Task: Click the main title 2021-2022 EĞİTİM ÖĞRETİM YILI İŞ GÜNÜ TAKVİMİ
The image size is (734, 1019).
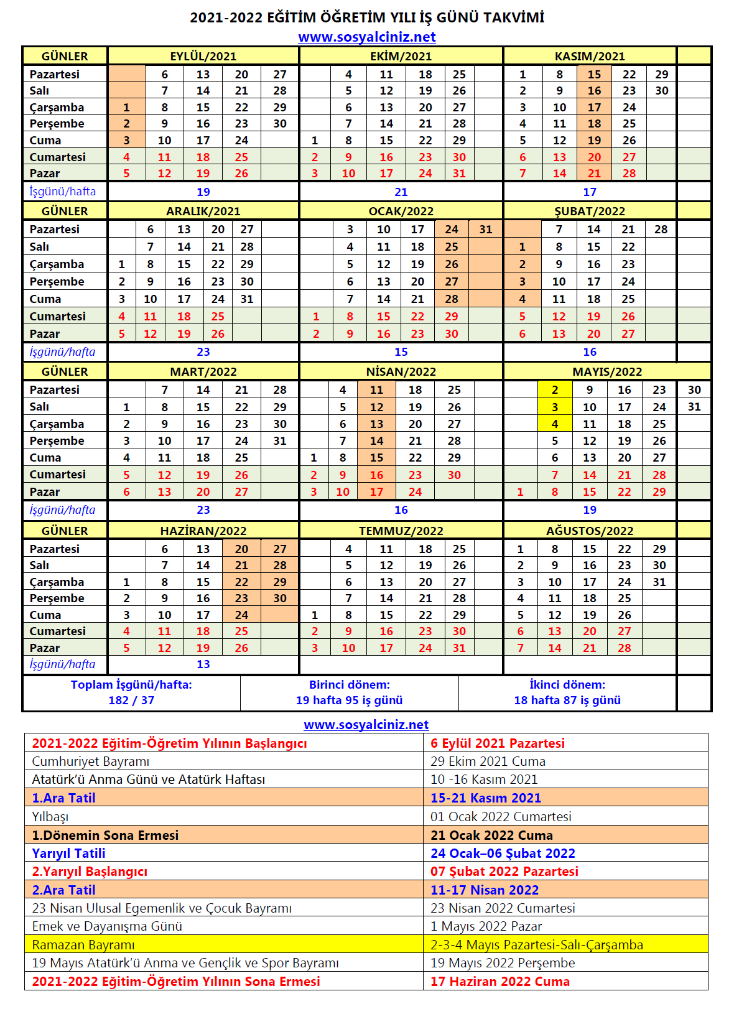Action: tap(367, 17)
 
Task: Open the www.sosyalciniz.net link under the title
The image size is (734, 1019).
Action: tap(367, 37)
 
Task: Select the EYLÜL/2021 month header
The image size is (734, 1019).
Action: tap(203, 56)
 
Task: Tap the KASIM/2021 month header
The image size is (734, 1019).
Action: tap(590, 56)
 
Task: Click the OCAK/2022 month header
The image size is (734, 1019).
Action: tap(401, 211)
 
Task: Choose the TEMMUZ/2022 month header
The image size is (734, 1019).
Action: tap(401, 531)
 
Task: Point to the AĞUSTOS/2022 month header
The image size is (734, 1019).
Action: tap(590, 531)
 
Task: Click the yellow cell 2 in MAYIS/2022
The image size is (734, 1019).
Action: tap(555, 390)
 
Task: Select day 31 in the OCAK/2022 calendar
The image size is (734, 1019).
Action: tap(486, 230)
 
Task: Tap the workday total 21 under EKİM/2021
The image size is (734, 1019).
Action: tap(401, 192)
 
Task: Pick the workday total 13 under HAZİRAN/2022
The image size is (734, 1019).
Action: tap(203, 664)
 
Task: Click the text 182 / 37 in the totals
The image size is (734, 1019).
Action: tap(131, 700)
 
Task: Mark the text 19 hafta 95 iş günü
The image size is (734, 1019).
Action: tap(349, 700)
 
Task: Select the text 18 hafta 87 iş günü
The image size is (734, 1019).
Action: tap(567, 700)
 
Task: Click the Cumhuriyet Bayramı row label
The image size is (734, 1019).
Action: tap(91, 761)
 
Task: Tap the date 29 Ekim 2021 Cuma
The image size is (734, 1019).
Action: tap(488, 761)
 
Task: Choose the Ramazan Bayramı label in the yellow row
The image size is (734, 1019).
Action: tap(83, 945)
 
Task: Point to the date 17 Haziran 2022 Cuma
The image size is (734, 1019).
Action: tap(500, 982)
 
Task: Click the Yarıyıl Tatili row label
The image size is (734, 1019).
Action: tap(68, 854)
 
